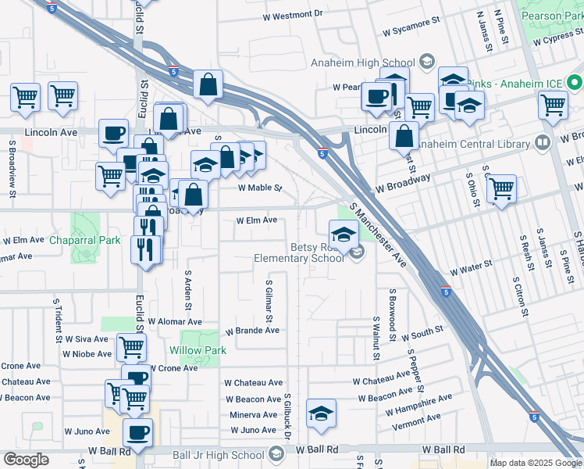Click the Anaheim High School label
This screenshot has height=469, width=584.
(x=374, y=63)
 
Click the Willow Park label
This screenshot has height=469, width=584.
(x=198, y=350)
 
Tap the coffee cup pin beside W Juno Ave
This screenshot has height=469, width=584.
(x=138, y=431)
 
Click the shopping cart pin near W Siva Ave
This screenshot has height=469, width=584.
(x=131, y=346)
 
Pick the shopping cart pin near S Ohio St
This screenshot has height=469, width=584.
(x=501, y=188)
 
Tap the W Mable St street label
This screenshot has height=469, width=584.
(x=259, y=188)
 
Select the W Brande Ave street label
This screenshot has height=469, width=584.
(x=252, y=331)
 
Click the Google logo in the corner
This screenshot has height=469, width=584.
(x=26, y=460)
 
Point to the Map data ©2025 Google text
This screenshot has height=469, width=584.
(x=535, y=463)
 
